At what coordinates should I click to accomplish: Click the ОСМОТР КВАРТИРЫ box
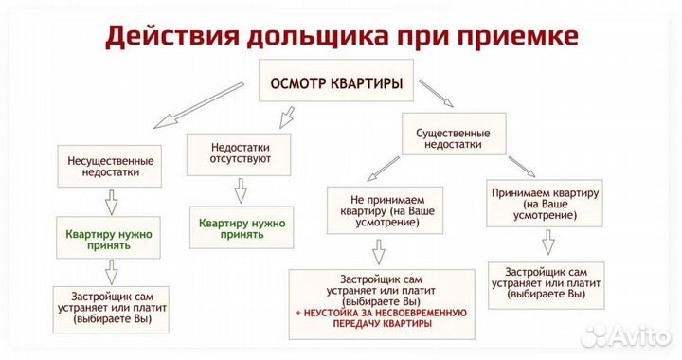pyautogui.click(x=337, y=83)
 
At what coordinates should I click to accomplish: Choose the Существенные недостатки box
pyautogui.click(x=452, y=139)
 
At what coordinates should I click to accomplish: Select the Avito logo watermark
pyautogui.click(x=629, y=334)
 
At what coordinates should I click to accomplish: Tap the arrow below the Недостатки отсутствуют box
pyautogui.click(x=241, y=190)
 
